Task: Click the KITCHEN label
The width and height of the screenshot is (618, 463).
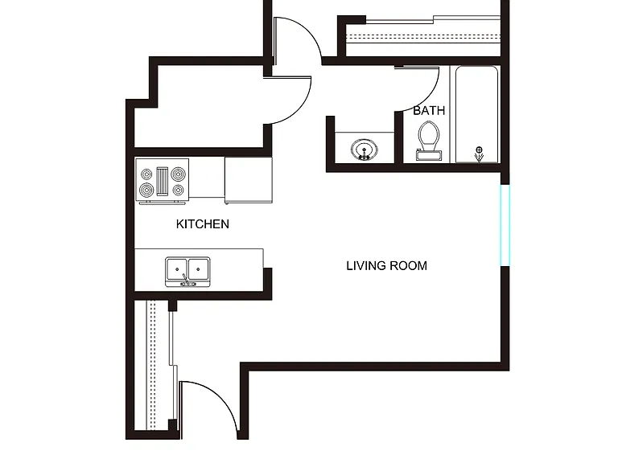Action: pos(203,224)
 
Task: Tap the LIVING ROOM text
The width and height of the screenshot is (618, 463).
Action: pos(386,266)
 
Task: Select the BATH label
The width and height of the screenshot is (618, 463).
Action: pos(429,111)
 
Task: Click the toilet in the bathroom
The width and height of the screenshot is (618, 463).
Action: pos(429,141)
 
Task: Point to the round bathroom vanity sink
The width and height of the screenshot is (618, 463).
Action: pos(365,150)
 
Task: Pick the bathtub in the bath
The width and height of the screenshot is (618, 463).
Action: pos(477,114)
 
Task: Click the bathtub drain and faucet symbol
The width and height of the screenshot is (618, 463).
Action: pos(479,154)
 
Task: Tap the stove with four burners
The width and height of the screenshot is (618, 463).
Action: pos(162,182)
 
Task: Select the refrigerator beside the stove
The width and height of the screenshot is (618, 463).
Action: pos(249,180)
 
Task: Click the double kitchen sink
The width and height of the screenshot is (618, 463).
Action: pos(187,272)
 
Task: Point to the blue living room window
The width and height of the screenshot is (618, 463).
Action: pos(505,225)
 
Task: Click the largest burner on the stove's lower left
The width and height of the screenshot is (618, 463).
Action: pos(146,191)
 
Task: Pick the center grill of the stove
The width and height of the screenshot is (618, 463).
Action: pos(162,182)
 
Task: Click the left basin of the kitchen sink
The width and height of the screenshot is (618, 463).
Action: pos(177,268)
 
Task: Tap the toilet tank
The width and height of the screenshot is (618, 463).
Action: pos(429,155)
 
